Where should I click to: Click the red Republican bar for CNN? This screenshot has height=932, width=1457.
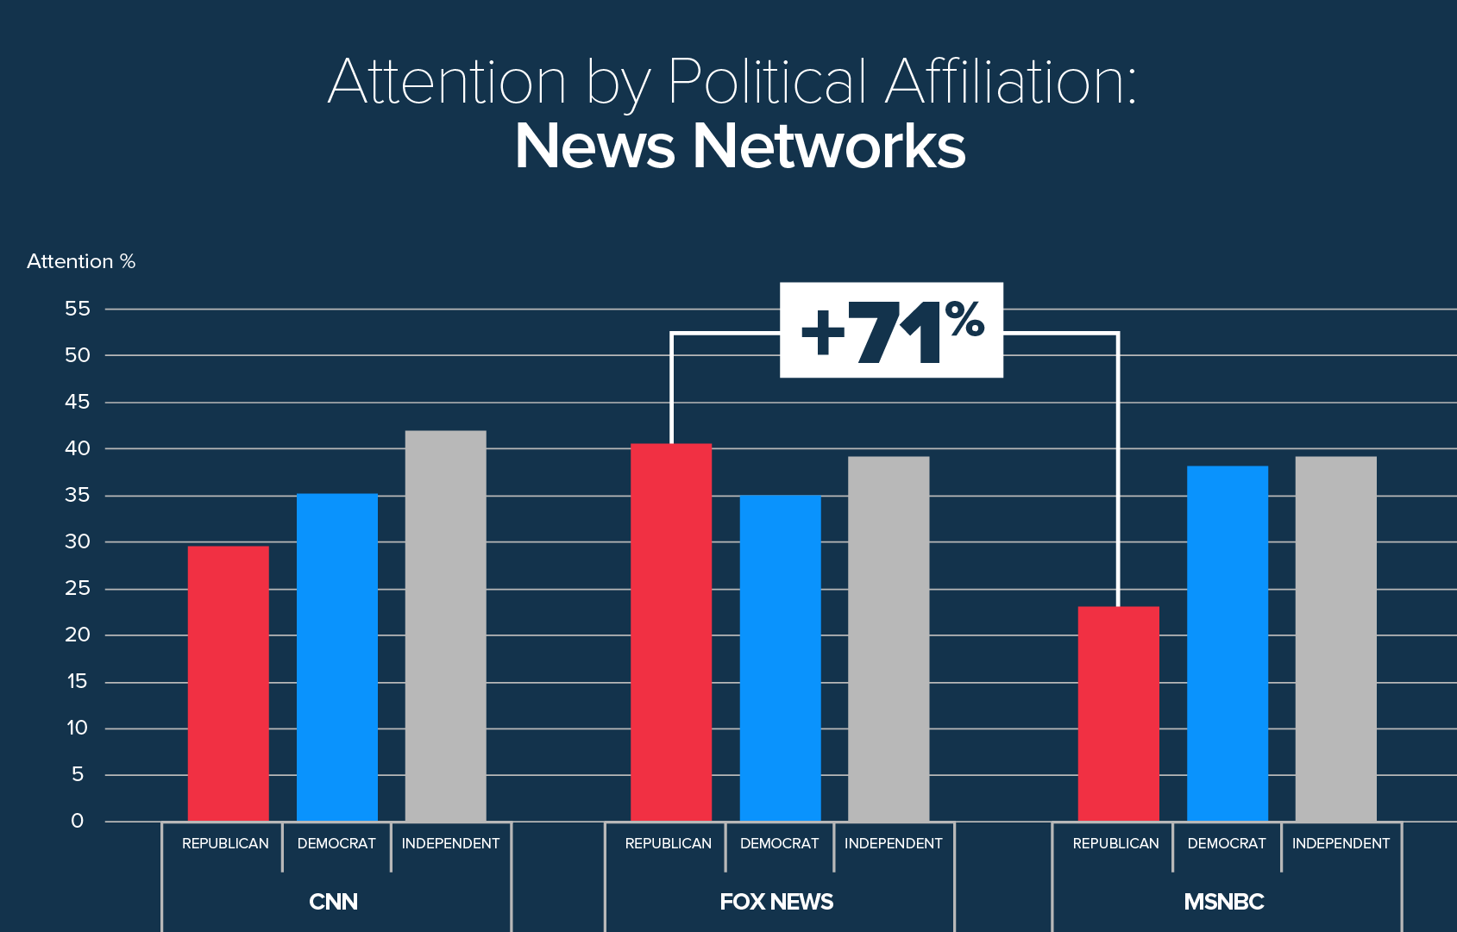228,683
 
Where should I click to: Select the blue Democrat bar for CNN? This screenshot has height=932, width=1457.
336,657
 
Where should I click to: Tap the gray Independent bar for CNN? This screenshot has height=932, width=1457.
445,625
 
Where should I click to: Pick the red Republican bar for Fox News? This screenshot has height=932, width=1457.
671,632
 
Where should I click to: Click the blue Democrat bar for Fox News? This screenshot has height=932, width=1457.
780,658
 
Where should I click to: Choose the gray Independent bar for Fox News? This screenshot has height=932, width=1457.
889,638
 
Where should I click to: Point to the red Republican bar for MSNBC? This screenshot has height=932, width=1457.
1118,713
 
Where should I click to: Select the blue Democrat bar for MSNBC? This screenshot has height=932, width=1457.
1227,643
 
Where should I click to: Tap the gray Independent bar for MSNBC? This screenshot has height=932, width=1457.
1335,638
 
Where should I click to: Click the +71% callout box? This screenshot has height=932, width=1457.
891,329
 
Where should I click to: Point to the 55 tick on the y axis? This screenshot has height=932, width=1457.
77,309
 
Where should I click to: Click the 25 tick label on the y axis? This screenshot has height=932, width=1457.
77,589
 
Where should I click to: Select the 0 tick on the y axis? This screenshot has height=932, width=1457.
77,821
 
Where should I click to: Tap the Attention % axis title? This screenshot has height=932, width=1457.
81,261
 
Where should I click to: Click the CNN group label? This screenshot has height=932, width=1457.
333,902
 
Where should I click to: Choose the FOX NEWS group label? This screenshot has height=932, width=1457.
776,902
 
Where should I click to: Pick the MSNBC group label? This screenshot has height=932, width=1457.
1223,902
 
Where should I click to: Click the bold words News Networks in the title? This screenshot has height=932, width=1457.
740,146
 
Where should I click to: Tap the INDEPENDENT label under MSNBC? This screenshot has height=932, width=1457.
1341,843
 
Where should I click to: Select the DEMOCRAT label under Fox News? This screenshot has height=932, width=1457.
779,843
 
